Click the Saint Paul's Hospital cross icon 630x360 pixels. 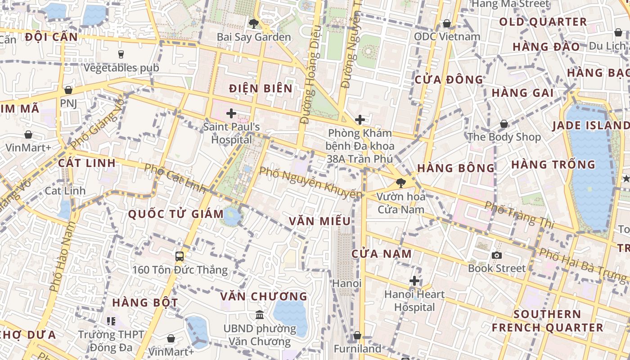tap(231, 113)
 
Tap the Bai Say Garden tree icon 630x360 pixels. tap(254, 23)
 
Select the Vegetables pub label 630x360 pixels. tap(121, 68)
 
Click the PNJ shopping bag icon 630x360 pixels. tap(68, 90)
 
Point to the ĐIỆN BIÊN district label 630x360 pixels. tap(261, 88)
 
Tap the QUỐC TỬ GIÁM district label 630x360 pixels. tap(176, 214)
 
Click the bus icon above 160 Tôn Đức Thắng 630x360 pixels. tap(180, 256)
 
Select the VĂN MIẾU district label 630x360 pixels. tap(320, 221)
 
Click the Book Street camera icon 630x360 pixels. tap(497, 256)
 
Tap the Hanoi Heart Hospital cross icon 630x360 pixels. tap(414, 281)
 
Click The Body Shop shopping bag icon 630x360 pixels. tap(504, 124)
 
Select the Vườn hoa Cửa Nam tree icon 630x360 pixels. tap(400, 183)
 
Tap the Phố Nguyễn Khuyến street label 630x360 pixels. tap(311, 183)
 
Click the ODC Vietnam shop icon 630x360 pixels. tap(447, 23)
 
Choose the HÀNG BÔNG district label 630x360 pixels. tap(456, 168)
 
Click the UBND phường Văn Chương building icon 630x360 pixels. tap(260, 315)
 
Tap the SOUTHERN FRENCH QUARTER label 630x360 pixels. tap(547, 321)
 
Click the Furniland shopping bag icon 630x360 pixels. tap(357, 336)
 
